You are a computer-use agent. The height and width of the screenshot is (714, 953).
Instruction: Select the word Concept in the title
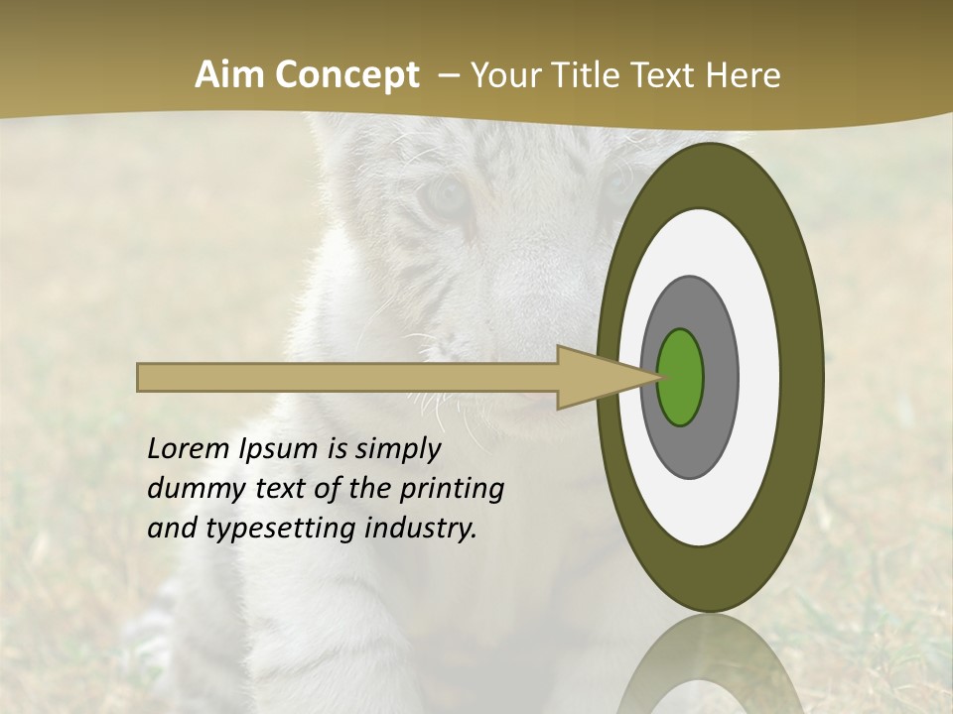click(346, 75)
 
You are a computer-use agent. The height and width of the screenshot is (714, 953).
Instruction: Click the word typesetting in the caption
click(288, 530)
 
